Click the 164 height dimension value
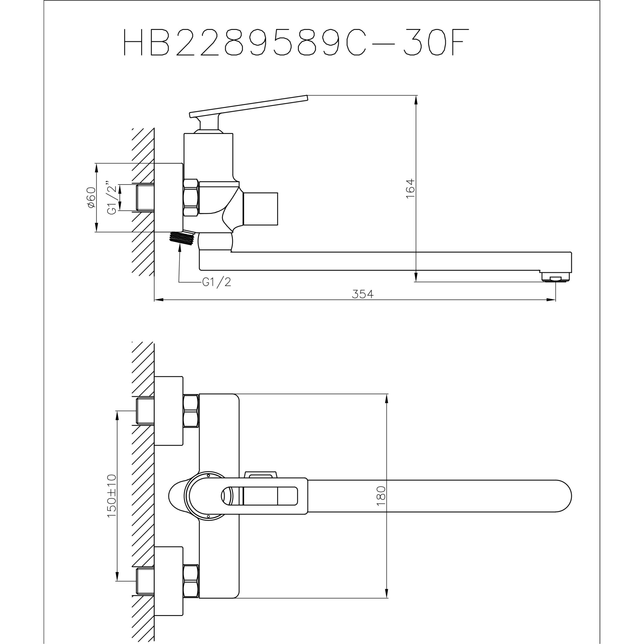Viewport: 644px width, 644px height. click(x=410, y=188)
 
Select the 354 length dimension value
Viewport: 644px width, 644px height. click(x=363, y=294)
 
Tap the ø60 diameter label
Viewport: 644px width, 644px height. click(x=91, y=197)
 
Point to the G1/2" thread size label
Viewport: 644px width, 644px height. click(x=112, y=198)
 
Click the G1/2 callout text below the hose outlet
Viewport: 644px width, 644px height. click(x=216, y=282)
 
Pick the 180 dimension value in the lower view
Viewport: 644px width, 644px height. click(x=381, y=496)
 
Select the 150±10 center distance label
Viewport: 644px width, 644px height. click(x=112, y=496)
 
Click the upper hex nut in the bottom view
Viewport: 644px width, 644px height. click(x=191, y=411)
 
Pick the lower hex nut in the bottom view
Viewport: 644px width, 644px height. click(x=191, y=581)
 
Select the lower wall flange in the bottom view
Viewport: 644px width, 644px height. click(x=169, y=581)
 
